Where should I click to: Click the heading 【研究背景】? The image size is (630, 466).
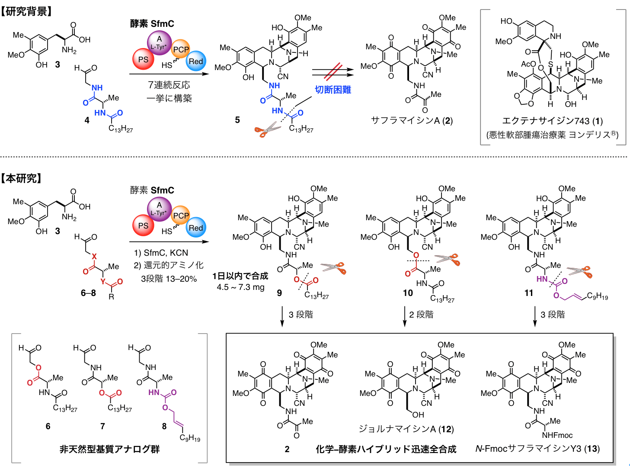click(27, 11)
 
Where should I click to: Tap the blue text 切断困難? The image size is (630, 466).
click(333, 90)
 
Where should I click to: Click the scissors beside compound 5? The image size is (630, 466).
click(268, 129)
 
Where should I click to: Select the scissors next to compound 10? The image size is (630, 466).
click(448, 259)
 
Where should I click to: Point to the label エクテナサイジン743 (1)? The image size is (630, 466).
click(552, 121)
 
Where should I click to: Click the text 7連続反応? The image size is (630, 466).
click(169, 85)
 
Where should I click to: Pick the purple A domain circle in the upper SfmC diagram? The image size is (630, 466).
click(159, 42)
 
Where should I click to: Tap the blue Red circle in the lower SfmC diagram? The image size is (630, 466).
click(195, 228)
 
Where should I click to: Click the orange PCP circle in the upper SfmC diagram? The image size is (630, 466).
click(181, 50)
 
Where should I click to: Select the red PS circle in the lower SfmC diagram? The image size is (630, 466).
click(143, 226)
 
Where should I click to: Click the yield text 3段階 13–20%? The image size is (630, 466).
click(169, 279)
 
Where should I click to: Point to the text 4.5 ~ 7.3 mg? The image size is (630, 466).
click(240, 287)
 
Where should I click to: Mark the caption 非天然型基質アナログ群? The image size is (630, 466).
click(109, 449)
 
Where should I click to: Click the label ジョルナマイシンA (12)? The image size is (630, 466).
click(406, 429)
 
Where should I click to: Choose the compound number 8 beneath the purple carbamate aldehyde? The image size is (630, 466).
click(164, 426)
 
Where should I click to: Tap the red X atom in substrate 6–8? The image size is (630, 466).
click(94, 256)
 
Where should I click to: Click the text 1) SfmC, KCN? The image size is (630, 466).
click(161, 253)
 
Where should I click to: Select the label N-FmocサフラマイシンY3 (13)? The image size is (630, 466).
click(537, 449)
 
